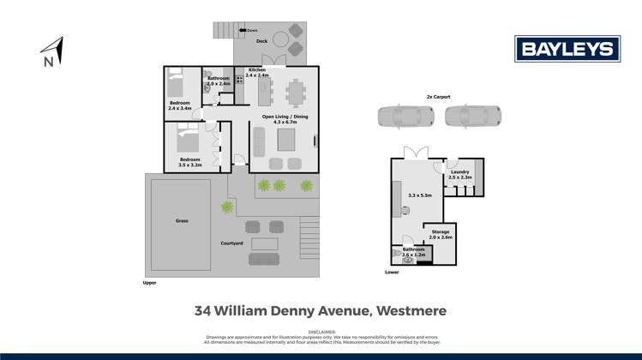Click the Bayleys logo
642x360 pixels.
click(567, 49)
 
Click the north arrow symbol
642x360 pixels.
click(52, 50)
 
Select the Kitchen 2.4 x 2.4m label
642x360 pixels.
click(257, 73)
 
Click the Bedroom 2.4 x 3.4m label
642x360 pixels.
click(181, 106)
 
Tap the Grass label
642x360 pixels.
click(182, 220)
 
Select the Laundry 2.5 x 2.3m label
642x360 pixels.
click(459, 175)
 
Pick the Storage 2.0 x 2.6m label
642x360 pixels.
click(441, 234)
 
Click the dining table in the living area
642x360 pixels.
click(295, 90)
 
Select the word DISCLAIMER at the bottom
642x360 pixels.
click(321, 332)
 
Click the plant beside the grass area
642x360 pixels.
click(227, 207)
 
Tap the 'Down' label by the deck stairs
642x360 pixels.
click(252, 31)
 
